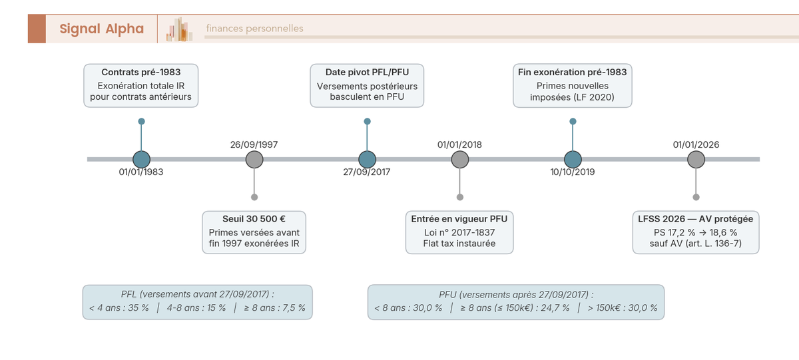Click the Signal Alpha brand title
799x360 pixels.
click(x=101, y=29)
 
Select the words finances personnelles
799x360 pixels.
click(x=254, y=29)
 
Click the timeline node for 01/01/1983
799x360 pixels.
click(x=141, y=160)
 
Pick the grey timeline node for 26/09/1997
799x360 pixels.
click(x=254, y=160)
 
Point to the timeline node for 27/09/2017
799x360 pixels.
click(x=367, y=160)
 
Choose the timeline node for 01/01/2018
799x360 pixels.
click(x=460, y=160)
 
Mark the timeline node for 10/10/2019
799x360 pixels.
click(x=573, y=160)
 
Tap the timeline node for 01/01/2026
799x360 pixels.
click(x=696, y=160)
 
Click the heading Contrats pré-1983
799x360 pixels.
click(x=141, y=72)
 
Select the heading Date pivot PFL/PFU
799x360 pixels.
click(x=367, y=72)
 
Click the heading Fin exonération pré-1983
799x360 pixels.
click(x=573, y=72)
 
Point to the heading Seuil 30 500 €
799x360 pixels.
click(x=254, y=219)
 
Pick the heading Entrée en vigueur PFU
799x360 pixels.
click(x=459, y=219)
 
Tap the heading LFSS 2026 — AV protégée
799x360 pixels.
click(x=696, y=219)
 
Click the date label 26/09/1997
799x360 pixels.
click(x=254, y=144)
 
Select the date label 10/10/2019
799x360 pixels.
click(x=573, y=172)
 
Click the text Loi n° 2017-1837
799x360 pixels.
click(x=459, y=232)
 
